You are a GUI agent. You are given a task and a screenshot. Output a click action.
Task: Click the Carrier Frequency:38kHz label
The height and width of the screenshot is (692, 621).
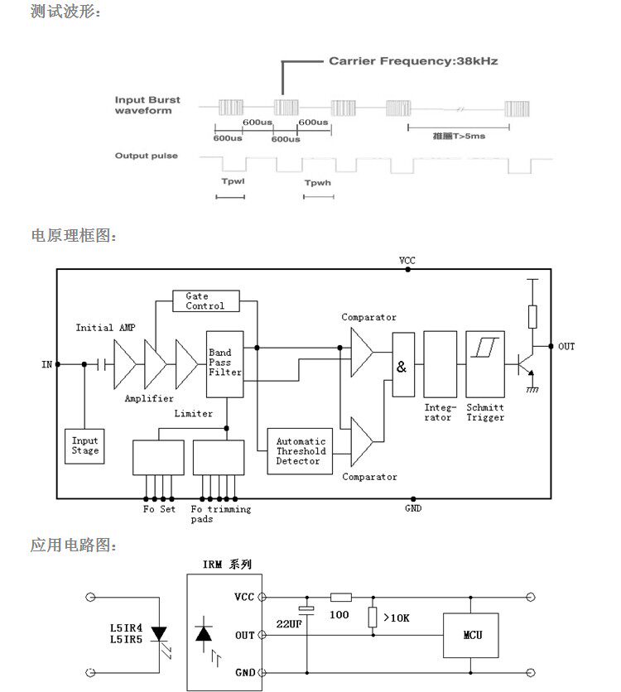pos(413,61)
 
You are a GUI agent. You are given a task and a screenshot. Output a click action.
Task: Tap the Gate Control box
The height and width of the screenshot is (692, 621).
pos(205,301)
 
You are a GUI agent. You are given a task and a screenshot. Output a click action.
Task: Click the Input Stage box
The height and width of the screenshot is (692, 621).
pos(84,446)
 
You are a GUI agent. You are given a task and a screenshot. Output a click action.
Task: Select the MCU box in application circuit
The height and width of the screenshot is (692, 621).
pos(472,635)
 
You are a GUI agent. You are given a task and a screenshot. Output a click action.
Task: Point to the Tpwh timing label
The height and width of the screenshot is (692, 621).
pos(317,182)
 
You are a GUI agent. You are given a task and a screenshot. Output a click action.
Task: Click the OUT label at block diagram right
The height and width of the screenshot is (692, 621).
pos(566,346)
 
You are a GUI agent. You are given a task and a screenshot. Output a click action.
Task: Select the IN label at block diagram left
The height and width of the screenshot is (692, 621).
pos(47,364)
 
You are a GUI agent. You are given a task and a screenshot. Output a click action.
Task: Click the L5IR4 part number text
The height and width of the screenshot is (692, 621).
pos(126,627)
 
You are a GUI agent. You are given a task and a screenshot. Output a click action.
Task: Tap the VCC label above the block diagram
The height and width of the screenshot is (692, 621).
pos(407,260)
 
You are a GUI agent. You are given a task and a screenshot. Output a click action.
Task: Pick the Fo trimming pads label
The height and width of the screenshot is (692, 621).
pos(219,514)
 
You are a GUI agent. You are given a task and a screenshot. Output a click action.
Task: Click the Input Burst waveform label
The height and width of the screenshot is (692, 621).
pos(147,105)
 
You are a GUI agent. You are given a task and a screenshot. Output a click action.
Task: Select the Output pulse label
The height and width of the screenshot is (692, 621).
pos(146,156)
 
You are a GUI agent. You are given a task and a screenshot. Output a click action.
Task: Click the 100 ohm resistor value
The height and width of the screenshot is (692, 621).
pos(339,615)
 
